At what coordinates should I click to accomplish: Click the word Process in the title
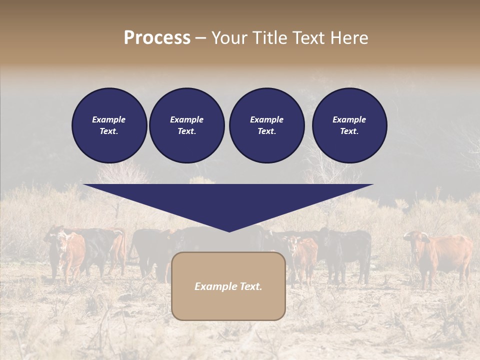point(157,38)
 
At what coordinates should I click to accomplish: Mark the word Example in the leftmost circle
point(109,119)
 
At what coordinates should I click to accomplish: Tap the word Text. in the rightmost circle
point(349,131)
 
